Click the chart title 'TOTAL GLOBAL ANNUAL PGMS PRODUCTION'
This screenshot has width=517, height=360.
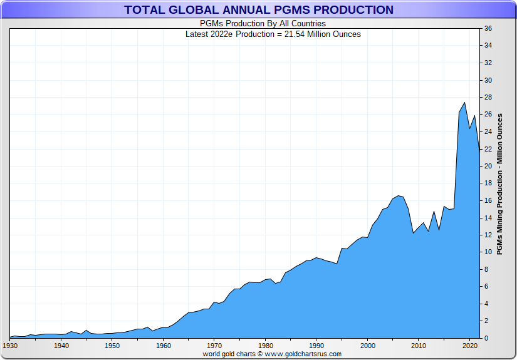pyautogui.click(x=259, y=9)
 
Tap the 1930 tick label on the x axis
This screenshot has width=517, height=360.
pyautogui.click(x=10, y=345)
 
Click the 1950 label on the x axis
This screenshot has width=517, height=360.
pyautogui.click(x=112, y=345)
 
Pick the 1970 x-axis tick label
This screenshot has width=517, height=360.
pyautogui.click(x=214, y=345)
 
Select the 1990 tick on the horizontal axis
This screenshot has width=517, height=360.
pyautogui.click(x=316, y=345)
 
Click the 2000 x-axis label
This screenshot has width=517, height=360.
pyautogui.click(x=368, y=345)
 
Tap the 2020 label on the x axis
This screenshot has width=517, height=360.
pyautogui.click(x=470, y=345)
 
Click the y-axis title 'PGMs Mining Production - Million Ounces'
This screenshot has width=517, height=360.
pyautogui.click(x=499, y=184)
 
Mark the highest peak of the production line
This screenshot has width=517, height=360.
pyautogui.click(x=464, y=103)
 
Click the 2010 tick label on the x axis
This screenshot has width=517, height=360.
pyautogui.click(x=419, y=345)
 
